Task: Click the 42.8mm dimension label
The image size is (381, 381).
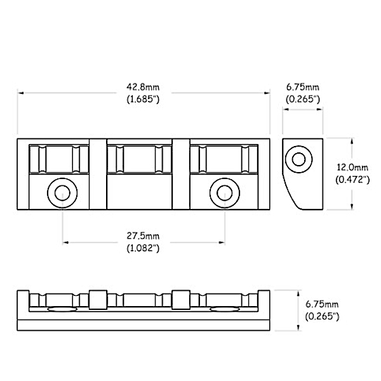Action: point(143,87)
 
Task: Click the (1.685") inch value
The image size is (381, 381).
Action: point(143,99)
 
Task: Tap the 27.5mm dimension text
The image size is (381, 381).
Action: point(143,236)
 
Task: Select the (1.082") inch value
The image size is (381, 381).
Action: point(143,248)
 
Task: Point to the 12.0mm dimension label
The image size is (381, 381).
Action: point(352,167)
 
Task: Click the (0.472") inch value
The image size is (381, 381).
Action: point(352,180)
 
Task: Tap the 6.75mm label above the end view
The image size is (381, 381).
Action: point(303,87)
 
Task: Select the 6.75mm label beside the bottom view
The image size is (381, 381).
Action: point(322,304)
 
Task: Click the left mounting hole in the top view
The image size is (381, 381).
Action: point(62,193)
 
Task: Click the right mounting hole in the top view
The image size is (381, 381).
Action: point(225,193)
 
